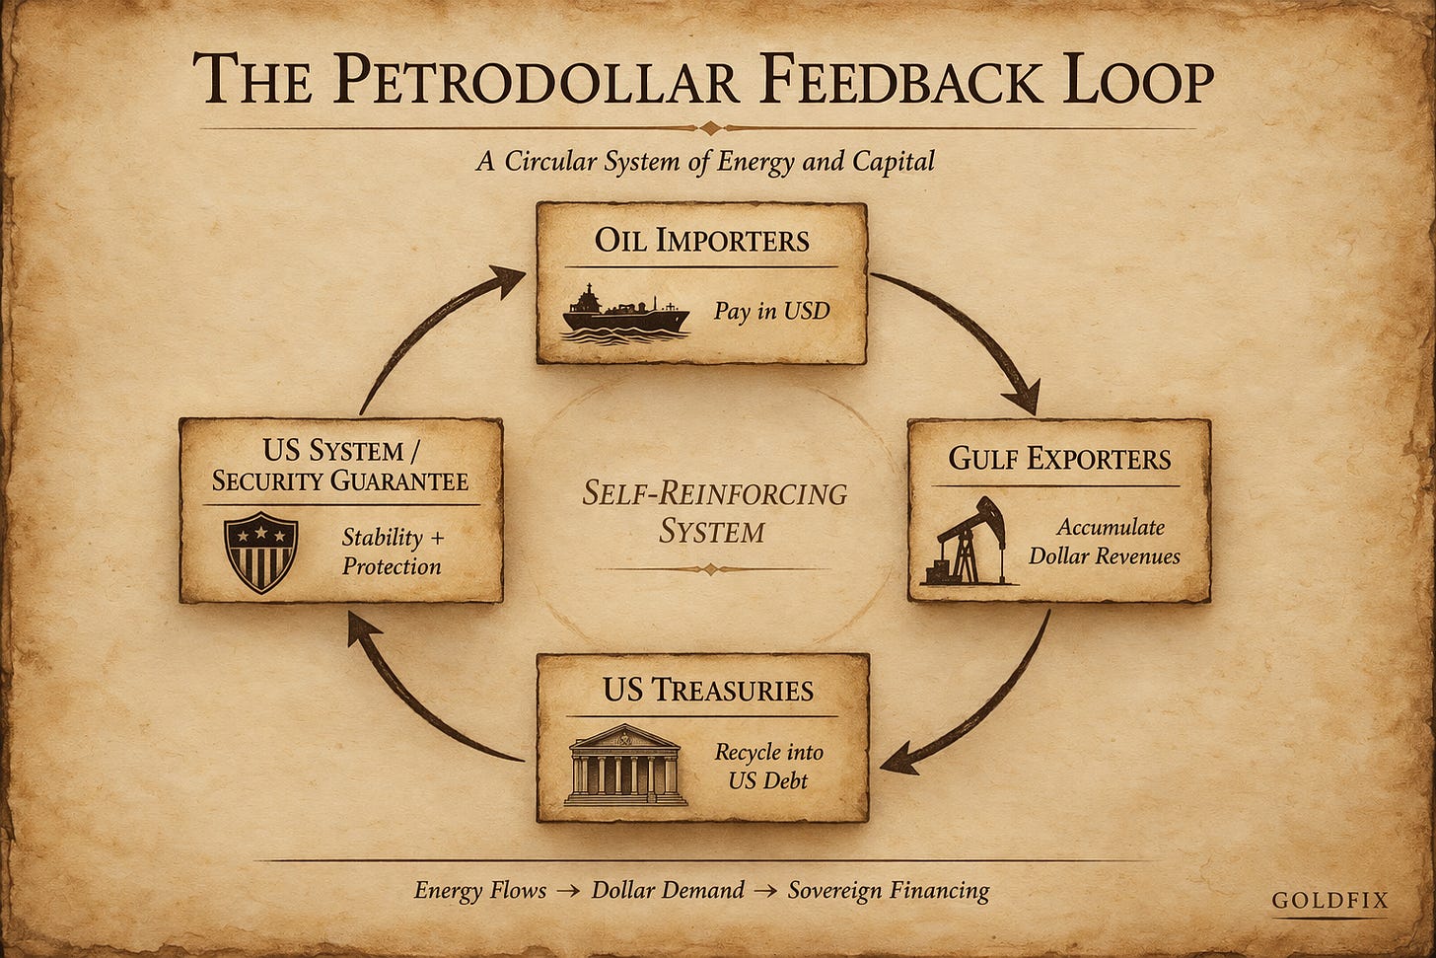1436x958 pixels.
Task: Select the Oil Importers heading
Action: [701, 241]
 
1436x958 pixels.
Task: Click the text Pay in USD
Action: [771, 312]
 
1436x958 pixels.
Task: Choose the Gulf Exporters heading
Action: [1058, 459]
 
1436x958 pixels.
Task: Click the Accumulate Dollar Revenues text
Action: [1104, 542]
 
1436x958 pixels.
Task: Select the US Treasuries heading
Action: [707, 690]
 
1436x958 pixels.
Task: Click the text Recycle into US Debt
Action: [768, 767]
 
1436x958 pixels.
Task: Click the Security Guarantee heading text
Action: [340, 481]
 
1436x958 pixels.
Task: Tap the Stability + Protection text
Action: [392, 552]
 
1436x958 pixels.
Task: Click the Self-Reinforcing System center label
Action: [713, 512]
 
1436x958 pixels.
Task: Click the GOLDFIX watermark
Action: [1329, 900]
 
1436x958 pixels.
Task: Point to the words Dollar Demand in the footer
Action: [668, 891]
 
